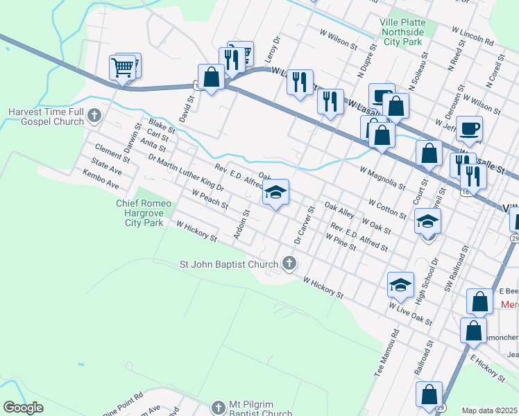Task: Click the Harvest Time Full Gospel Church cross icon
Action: coord(95,116)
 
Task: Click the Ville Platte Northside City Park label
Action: coord(402,32)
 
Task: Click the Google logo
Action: coord(24,408)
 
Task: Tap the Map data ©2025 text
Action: coord(488,410)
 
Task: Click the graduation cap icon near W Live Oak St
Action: coord(400,284)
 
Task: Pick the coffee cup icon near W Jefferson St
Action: coord(469,128)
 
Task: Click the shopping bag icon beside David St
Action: coord(211,76)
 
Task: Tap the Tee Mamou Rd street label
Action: coord(386,352)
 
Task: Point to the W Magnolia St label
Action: coord(383,177)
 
